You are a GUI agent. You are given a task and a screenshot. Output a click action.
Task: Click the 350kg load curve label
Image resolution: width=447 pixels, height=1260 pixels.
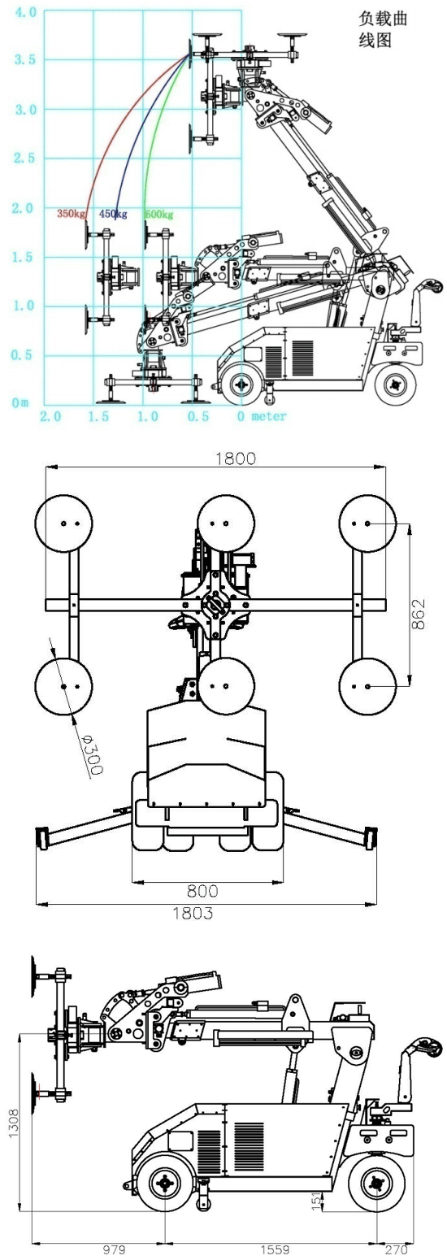click(72, 214)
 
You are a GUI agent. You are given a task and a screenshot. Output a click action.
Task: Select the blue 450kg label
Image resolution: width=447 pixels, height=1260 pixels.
click(113, 214)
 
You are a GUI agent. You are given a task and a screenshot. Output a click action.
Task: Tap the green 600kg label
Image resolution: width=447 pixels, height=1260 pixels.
click(159, 215)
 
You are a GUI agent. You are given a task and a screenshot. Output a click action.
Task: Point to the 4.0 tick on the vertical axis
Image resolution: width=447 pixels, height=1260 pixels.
click(25, 12)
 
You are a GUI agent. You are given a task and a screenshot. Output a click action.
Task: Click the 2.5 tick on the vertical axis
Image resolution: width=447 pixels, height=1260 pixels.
click(25, 158)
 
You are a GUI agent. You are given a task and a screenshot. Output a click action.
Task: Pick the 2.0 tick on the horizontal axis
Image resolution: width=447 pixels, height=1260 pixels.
click(50, 417)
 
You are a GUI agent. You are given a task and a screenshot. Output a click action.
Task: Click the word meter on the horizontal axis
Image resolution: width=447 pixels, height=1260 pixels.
click(269, 416)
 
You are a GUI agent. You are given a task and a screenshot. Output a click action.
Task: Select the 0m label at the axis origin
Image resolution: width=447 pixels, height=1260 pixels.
click(21, 402)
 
